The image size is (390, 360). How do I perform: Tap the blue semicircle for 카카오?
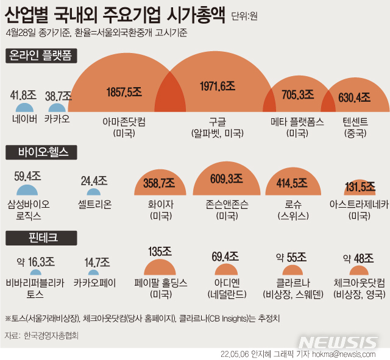(57, 107)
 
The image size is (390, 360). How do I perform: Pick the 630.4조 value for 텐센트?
(355, 96)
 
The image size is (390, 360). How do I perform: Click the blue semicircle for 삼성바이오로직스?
(28, 189)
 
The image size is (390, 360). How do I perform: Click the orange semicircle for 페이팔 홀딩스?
(161, 269)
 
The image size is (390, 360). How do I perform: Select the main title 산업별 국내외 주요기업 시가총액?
(116, 13)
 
